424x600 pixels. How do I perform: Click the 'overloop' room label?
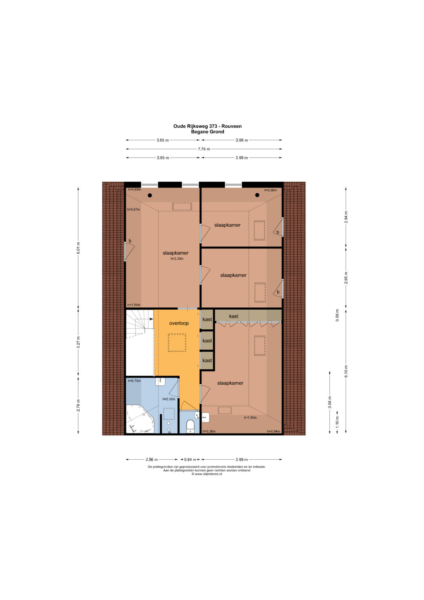179,323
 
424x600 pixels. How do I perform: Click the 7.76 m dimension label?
204,149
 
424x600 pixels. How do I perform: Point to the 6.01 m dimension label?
78,248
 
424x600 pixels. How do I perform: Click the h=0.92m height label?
270,190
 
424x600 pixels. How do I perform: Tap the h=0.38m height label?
209,431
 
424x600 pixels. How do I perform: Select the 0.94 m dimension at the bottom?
190,460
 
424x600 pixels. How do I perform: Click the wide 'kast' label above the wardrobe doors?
234,316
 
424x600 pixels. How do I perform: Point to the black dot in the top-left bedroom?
150,195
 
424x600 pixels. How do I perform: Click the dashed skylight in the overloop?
177,343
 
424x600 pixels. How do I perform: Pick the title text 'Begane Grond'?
207,132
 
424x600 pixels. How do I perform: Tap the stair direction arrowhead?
152,319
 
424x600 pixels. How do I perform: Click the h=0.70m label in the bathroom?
134,380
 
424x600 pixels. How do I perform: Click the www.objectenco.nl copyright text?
207,474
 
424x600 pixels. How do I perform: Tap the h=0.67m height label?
133,209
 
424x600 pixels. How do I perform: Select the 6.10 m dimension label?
346,371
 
